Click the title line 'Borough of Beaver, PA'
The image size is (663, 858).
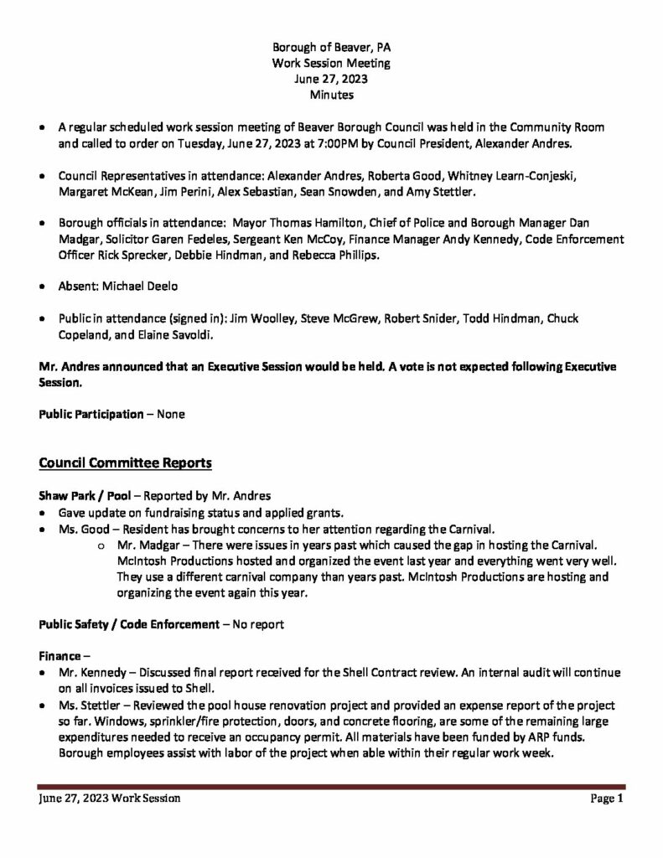(331, 48)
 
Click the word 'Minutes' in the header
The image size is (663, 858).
(331, 96)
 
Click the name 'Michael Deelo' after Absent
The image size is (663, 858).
(140, 287)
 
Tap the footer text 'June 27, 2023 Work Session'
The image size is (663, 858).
(110, 799)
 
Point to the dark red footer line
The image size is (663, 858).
(331, 787)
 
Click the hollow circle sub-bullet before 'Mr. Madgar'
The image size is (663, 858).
(100, 545)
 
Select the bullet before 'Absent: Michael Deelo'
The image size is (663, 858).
(43, 287)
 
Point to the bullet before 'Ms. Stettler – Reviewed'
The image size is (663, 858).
(43, 706)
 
